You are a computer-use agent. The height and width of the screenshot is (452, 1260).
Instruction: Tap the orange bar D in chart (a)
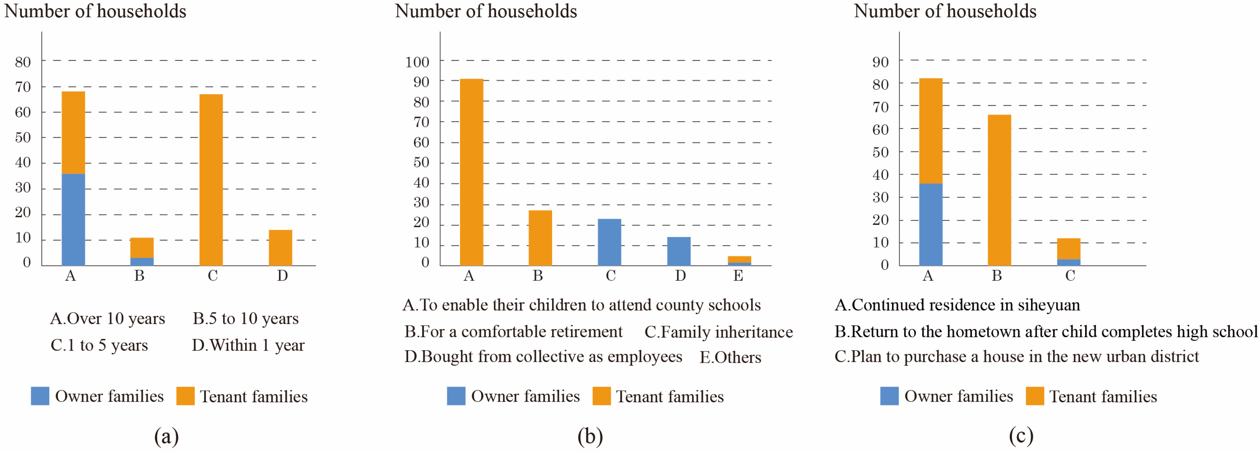click(280, 248)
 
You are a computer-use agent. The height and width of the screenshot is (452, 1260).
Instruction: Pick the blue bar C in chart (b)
click(610, 242)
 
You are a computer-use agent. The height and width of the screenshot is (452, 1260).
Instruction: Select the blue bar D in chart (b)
click(679, 251)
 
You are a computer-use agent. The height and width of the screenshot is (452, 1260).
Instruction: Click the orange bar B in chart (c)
click(999, 190)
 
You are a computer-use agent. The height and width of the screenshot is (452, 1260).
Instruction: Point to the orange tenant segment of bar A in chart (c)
click(931, 131)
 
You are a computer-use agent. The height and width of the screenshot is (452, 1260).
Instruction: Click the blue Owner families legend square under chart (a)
click(40, 396)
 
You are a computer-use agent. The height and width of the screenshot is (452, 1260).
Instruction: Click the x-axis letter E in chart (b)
click(738, 276)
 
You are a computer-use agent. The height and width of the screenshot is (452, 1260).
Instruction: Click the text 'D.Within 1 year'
click(248, 345)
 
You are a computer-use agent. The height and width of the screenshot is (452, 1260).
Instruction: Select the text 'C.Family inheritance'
click(718, 332)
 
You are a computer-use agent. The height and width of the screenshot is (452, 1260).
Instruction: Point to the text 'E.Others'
click(730, 358)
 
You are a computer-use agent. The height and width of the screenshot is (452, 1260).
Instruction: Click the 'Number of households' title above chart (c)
click(945, 11)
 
